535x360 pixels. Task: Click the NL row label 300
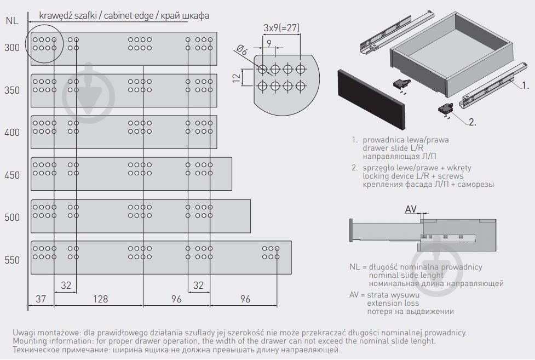[x=11, y=48]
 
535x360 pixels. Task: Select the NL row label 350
[x=11, y=90]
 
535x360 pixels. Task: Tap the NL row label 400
[x=11, y=133]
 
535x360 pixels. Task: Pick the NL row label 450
[x=11, y=175]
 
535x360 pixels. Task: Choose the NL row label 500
[x=11, y=218]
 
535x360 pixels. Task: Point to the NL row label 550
[x=11, y=260]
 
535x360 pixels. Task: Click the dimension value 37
[x=41, y=299]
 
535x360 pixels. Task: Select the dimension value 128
[x=100, y=299]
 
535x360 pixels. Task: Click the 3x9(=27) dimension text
[x=281, y=27]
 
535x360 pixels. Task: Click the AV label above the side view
[x=411, y=209]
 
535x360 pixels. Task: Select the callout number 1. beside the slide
[x=525, y=85]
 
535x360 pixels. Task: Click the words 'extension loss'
[x=393, y=302]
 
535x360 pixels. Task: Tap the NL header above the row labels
[x=12, y=21]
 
